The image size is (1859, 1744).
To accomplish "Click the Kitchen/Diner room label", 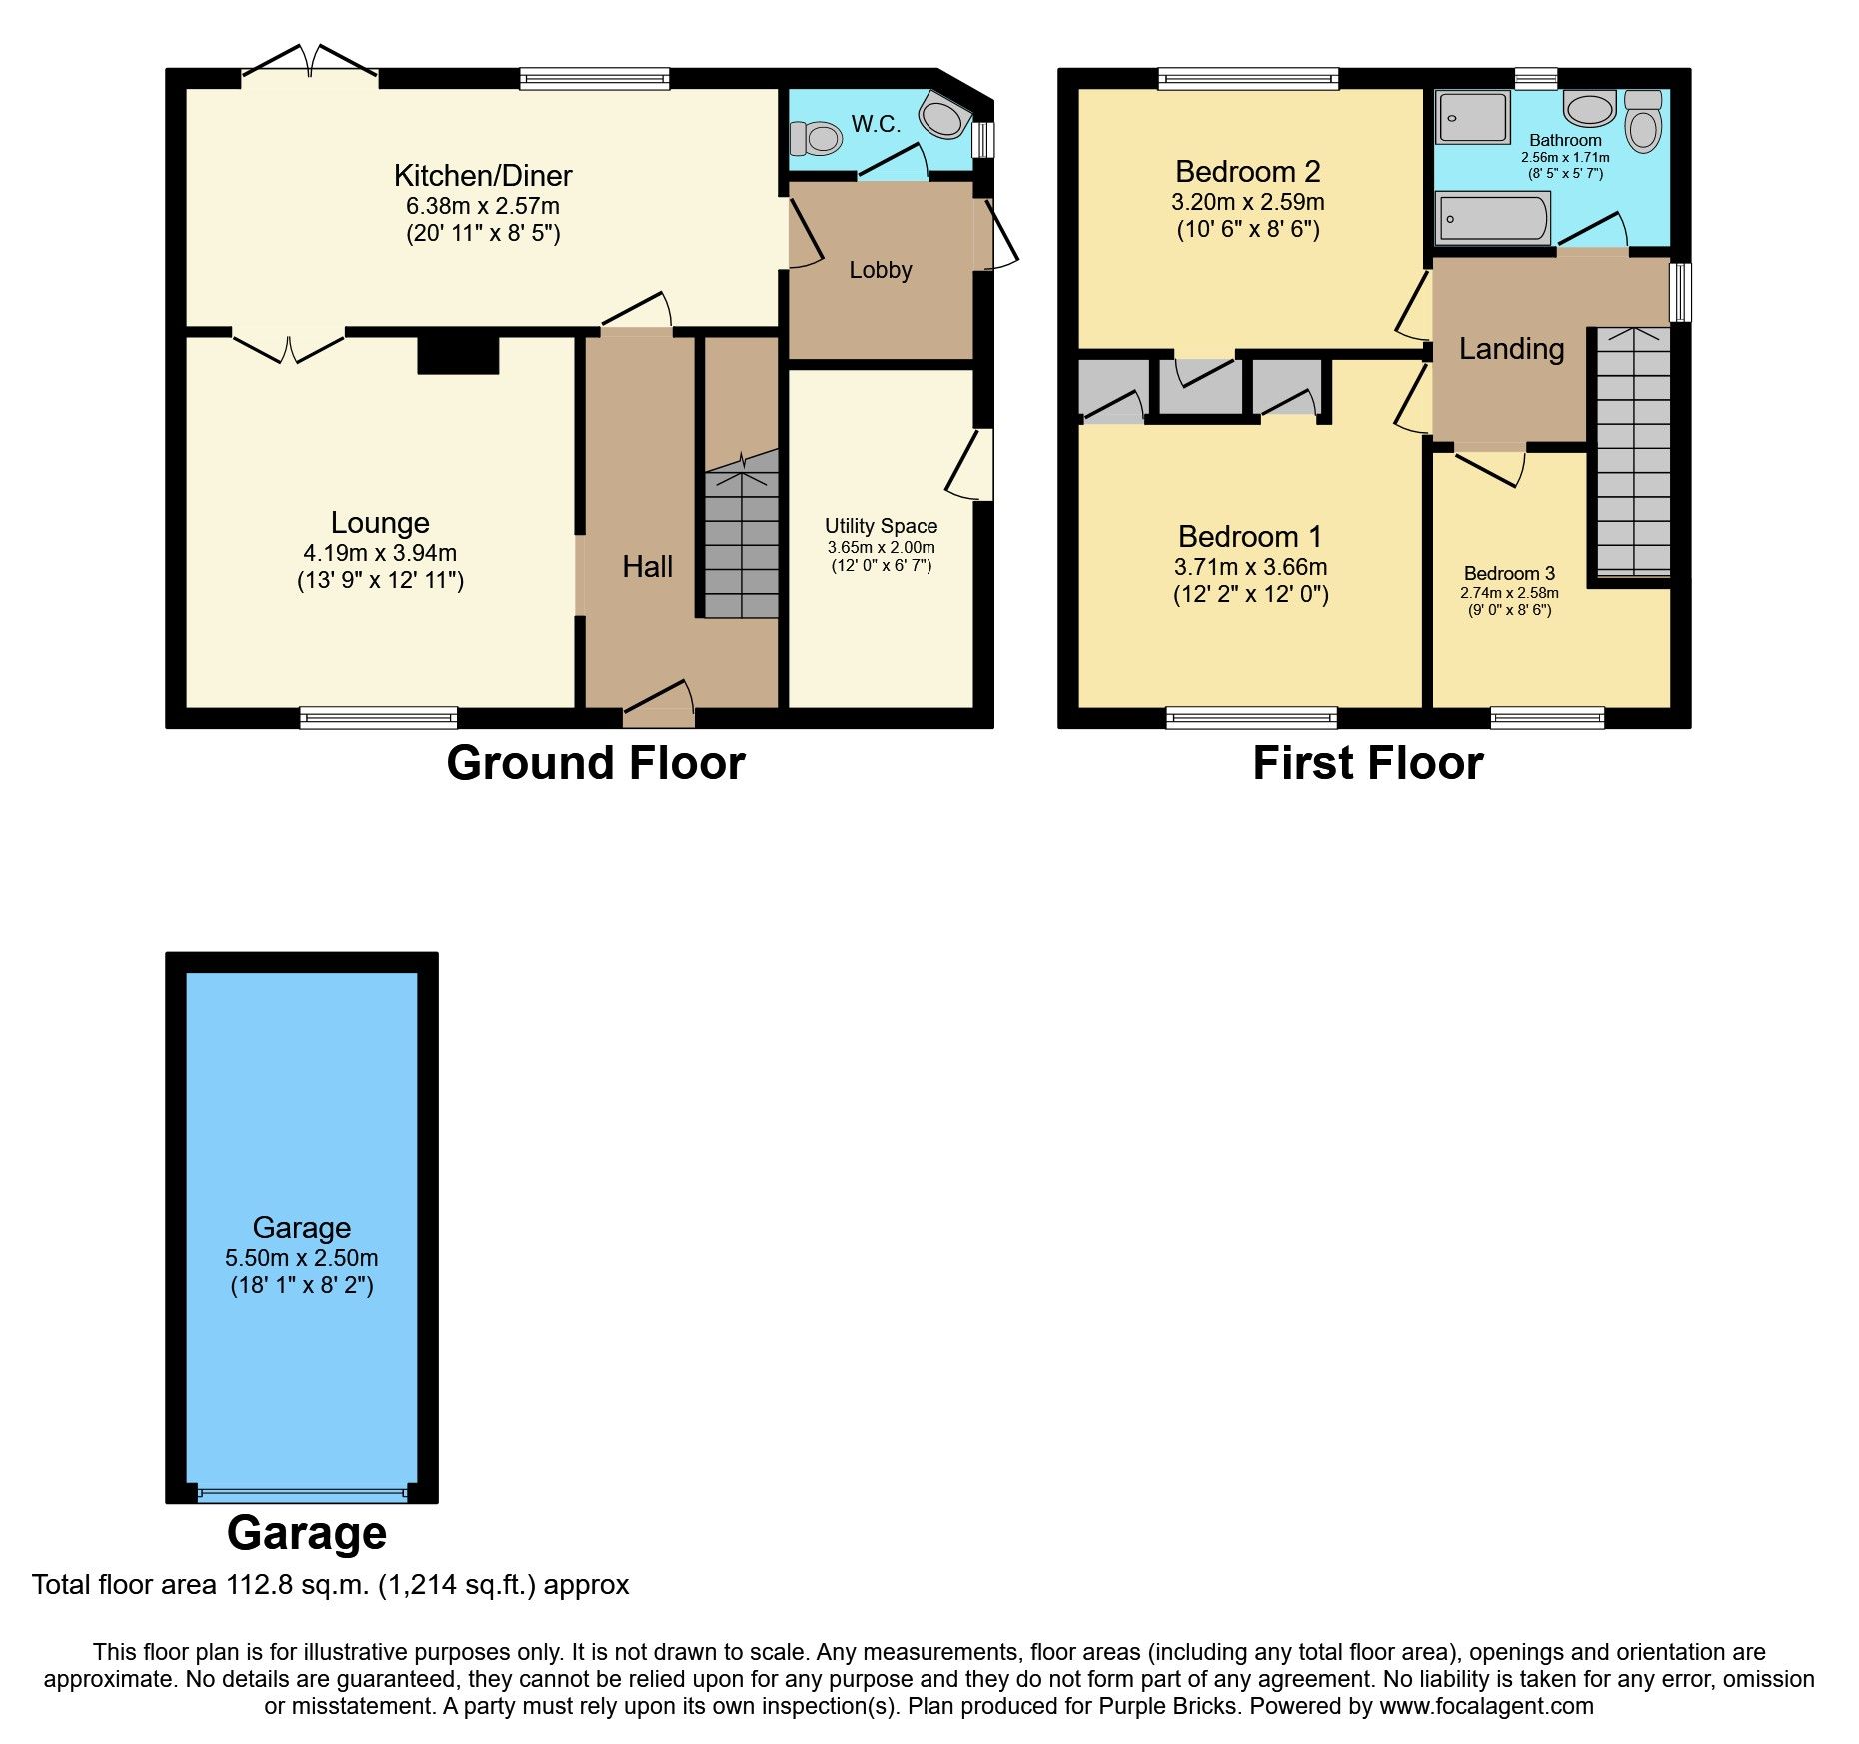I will [x=483, y=176].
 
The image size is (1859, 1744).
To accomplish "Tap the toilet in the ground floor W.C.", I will [x=817, y=138].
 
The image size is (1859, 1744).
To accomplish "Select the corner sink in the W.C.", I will [x=943, y=116].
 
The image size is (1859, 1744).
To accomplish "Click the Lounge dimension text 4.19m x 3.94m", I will [x=380, y=553].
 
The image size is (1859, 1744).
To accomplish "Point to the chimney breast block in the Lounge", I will [x=458, y=355].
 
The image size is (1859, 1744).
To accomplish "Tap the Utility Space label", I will [x=881, y=526].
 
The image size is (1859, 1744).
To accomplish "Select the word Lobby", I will [x=881, y=270].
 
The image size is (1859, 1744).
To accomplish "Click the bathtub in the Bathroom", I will [x=1492, y=218].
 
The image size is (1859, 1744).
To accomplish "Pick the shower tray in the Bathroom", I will [x=1472, y=117].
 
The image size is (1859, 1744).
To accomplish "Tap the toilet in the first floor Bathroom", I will [x=1643, y=122].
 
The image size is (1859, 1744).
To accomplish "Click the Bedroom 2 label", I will [x=1248, y=172].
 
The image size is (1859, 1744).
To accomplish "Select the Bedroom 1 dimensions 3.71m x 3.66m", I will [x=1250, y=567].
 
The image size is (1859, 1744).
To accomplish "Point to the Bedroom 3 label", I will [x=1509, y=573].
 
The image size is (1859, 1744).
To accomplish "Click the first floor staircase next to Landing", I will [x=1633, y=455].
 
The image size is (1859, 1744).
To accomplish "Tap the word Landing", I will [x=1511, y=349].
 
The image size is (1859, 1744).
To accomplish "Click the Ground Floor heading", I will [x=596, y=763].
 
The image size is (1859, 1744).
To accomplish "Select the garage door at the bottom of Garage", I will [x=302, y=1495].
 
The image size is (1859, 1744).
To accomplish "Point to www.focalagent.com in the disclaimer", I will [x=1486, y=1706].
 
